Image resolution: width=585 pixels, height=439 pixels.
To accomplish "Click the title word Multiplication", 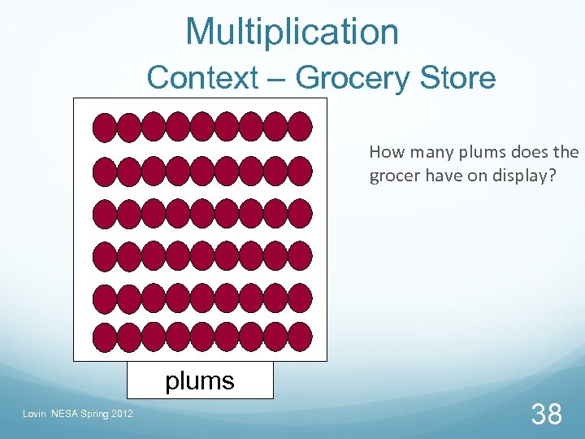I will (292, 33).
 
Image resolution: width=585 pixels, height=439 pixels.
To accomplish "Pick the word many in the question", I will (430, 152).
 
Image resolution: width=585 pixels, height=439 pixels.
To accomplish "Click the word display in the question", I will (521, 176).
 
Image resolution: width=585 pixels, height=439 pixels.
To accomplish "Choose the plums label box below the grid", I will (200, 380).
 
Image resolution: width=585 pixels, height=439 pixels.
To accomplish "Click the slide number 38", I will (546, 415).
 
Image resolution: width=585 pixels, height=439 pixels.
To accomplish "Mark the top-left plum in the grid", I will (106, 127).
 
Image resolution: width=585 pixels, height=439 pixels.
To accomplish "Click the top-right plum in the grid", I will (300, 127).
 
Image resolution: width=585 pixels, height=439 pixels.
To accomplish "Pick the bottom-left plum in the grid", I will (106, 337).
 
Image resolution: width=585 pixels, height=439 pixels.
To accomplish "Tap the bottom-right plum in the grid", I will (300, 337).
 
